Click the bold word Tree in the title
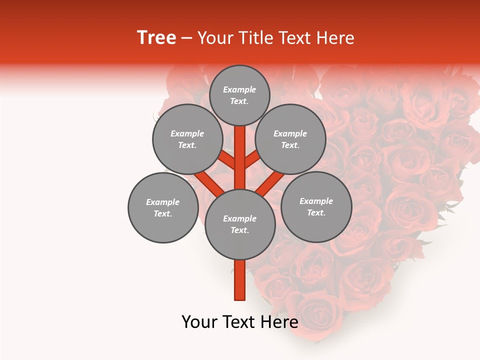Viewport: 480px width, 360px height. pyautogui.click(x=156, y=38)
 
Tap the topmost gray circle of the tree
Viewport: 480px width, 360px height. pyautogui.click(x=239, y=95)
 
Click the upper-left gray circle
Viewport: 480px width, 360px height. pyautogui.click(x=187, y=139)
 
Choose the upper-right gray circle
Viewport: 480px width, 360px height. pyautogui.click(x=290, y=139)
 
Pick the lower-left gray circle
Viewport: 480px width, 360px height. pyautogui.click(x=163, y=207)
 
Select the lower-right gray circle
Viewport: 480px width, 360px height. pyautogui.click(x=316, y=206)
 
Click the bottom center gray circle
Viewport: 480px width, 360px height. pyautogui.click(x=240, y=224)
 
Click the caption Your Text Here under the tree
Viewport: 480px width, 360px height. pyautogui.click(x=239, y=322)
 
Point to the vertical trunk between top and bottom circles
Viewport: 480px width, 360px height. pyautogui.click(x=239, y=157)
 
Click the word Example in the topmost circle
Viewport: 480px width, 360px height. pyautogui.click(x=239, y=89)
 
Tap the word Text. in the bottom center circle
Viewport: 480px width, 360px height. pyautogui.click(x=239, y=230)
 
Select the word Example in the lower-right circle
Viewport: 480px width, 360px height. pyautogui.click(x=316, y=201)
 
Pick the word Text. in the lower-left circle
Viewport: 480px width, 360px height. pyautogui.click(x=163, y=213)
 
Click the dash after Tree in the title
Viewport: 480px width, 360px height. pyautogui.click(x=187, y=38)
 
